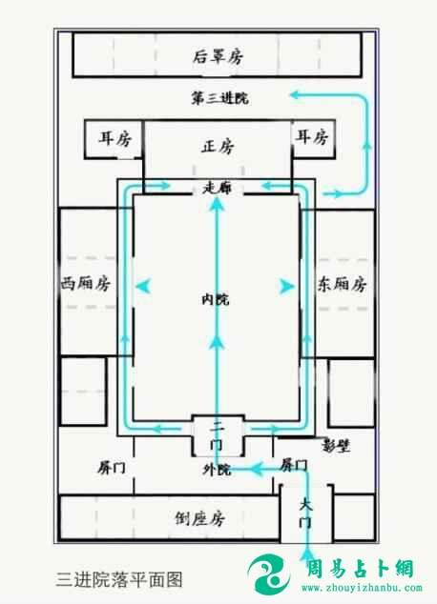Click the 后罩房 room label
pyautogui.click(x=218, y=56)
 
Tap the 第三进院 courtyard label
pyautogui.click(x=219, y=98)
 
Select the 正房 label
pyautogui.click(x=218, y=147)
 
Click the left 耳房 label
pyautogui.click(x=114, y=138)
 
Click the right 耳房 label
pyautogui.click(x=312, y=137)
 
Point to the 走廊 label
pyautogui.click(x=218, y=188)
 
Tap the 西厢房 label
pyautogui.click(x=86, y=284)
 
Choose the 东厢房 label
pyautogui.click(x=342, y=284)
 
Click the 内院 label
pyautogui.click(x=216, y=299)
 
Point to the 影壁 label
pyautogui.click(x=336, y=446)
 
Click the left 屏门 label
pyautogui.click(x=112, y=468)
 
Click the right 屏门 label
pyautogui.click(x=294, y=465)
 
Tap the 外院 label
pyautogui.click(x=217, y=469)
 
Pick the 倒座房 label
pyautogui.click(x=199, y=518)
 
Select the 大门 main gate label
pyautogui.click(x=306, y=513)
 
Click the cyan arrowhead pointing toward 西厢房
pyautogui.click(x=143, y=286)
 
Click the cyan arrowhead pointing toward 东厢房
pyautogui.click(x=287, y=286)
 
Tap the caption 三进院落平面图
pyautogui.click(x=119, y=579)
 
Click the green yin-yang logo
pyautogui.click(x=269, y=574)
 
